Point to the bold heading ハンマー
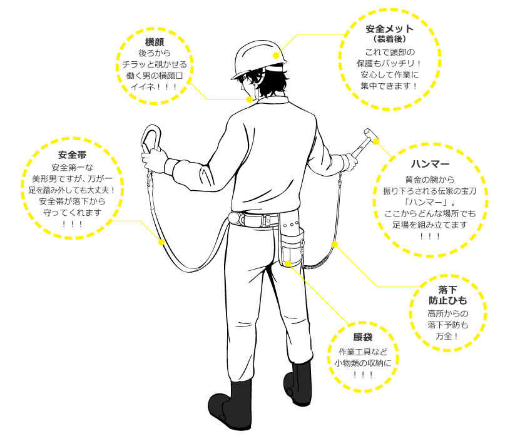coord(430,165)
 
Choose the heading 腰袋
coord(362,337)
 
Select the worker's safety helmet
coord(259,56)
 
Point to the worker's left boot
coord(228,403)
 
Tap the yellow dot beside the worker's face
coord(249,99)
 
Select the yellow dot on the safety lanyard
coord(161,241)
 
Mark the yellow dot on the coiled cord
coord(335,243)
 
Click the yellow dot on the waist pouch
coord(287,263)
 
